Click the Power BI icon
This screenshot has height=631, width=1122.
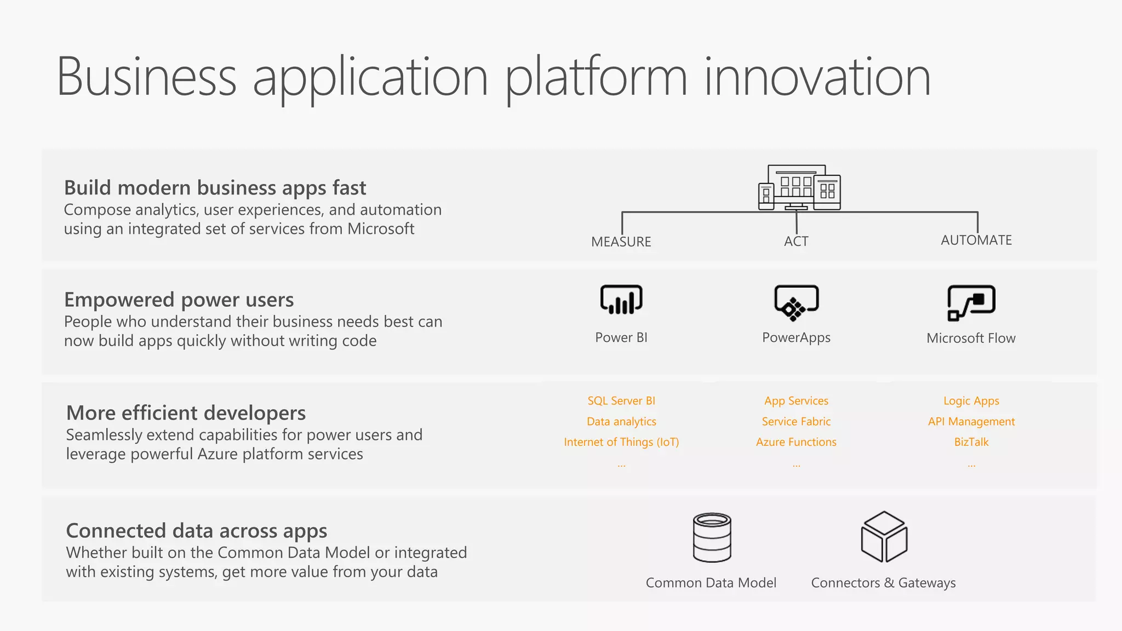point(621,300)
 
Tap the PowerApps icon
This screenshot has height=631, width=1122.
point(796,302)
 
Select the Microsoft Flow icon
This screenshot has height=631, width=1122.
point(971,302)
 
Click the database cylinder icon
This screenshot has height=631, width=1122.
point(712,537)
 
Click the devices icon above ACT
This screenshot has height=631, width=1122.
point(799,188)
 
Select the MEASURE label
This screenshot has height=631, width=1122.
point(621,242)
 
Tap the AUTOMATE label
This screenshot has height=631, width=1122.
point(976,240)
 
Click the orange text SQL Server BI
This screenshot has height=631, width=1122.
point(621,401)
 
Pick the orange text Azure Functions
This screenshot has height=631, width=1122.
point(796,442)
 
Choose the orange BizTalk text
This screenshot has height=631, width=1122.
point(971,442)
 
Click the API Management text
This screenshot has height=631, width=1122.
point(971,422)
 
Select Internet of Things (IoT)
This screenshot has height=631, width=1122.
point(621,442)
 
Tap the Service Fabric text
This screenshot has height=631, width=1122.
point(796,422)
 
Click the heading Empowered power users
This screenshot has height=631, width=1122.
point(179,300)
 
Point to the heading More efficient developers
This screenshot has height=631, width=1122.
point(186,413)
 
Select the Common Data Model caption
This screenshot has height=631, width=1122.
point(711,583)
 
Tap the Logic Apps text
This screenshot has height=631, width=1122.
point(971,401)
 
